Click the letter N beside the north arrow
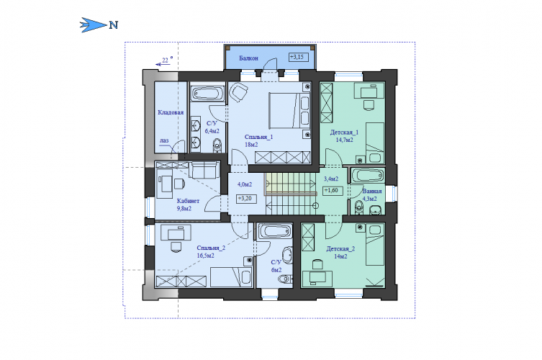(x=114, y=25)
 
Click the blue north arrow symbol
(x=93, y=25)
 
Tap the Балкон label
(x=248, y=58)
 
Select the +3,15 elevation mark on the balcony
(x=299, y=57)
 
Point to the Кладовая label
(x=171, y=112)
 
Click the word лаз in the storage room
(x=164, y=140)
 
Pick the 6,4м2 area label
(x=212, y=131)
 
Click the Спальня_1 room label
(x=258, y=137)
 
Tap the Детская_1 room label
(x=344, y=132)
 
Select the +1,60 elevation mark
(x=333, y=191)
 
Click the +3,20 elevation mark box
(x=246, y=199)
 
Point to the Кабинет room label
(x=188, y=201)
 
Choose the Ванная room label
(x=372, y=192)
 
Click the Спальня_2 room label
(x=211, y=248)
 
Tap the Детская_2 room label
(x=340, y=248)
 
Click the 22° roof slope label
(x=167, y=60)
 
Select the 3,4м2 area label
(x=331, y=179)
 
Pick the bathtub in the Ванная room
(x=368, y=176)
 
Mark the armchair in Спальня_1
(x=238, y=92)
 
